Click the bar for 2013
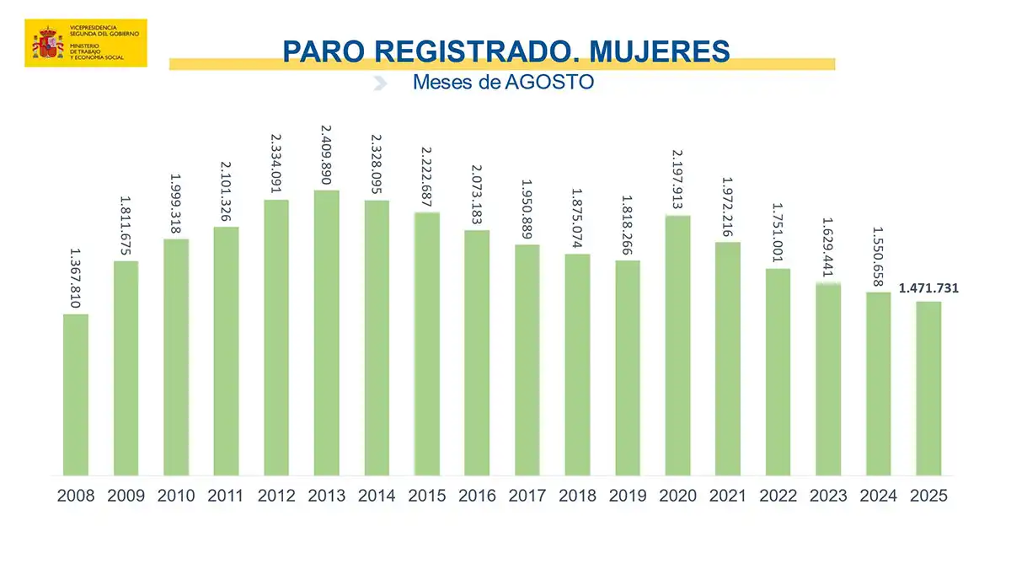(327, 333)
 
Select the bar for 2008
(76, 395)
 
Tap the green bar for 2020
(677, 346)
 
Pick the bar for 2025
(928, 389)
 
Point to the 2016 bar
(477, 352)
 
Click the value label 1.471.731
(928, 288)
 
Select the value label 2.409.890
(327, 154)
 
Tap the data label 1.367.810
(75, 277)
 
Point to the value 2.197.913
(677, 180)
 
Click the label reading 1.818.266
(628, 224)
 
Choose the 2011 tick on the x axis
(227, 496)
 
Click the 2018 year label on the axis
(577, 496)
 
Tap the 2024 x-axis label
(878, 496)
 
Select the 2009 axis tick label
(126, 496)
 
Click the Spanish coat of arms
(45, 43)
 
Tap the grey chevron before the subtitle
(380, 83)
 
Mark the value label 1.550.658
(878, 256)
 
